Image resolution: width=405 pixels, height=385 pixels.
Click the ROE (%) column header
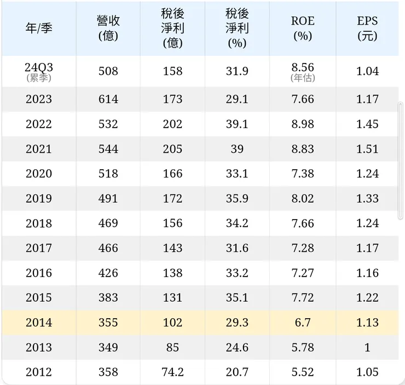tap(303, 28)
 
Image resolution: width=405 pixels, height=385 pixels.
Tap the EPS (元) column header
tap(367, 28)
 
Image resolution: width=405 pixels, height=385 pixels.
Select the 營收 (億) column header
tap(108, 28)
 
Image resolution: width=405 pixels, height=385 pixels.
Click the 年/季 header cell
tap(39, 28)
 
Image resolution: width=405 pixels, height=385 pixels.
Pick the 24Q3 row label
tap(39, 67)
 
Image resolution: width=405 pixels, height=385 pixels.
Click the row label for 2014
tap(39, 323)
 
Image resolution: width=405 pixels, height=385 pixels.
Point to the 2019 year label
tap(39, 198)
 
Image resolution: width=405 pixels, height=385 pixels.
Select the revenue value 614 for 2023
tap(108, 99)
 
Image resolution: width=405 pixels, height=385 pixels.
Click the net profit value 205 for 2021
tap(172, 149)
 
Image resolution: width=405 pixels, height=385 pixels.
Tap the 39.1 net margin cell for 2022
tap(237, 124)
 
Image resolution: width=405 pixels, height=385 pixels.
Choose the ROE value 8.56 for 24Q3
tap(303, 67)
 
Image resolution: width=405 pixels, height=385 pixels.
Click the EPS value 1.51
tap(367, 149)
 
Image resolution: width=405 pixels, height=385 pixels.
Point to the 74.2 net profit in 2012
tap(172, 372)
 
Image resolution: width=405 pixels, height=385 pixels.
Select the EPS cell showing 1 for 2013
tap(367, 347)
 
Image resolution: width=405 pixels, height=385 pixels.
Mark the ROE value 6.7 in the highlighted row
tap(303, 323)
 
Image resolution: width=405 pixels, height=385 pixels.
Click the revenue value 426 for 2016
tap(108, 273)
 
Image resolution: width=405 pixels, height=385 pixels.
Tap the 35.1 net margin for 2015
tap(237, 297)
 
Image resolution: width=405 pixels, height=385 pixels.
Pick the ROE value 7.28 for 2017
tap(303, 248)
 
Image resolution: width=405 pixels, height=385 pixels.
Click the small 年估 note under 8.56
tap(303, 78)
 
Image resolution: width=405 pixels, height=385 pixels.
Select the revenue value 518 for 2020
tap(108, 174)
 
